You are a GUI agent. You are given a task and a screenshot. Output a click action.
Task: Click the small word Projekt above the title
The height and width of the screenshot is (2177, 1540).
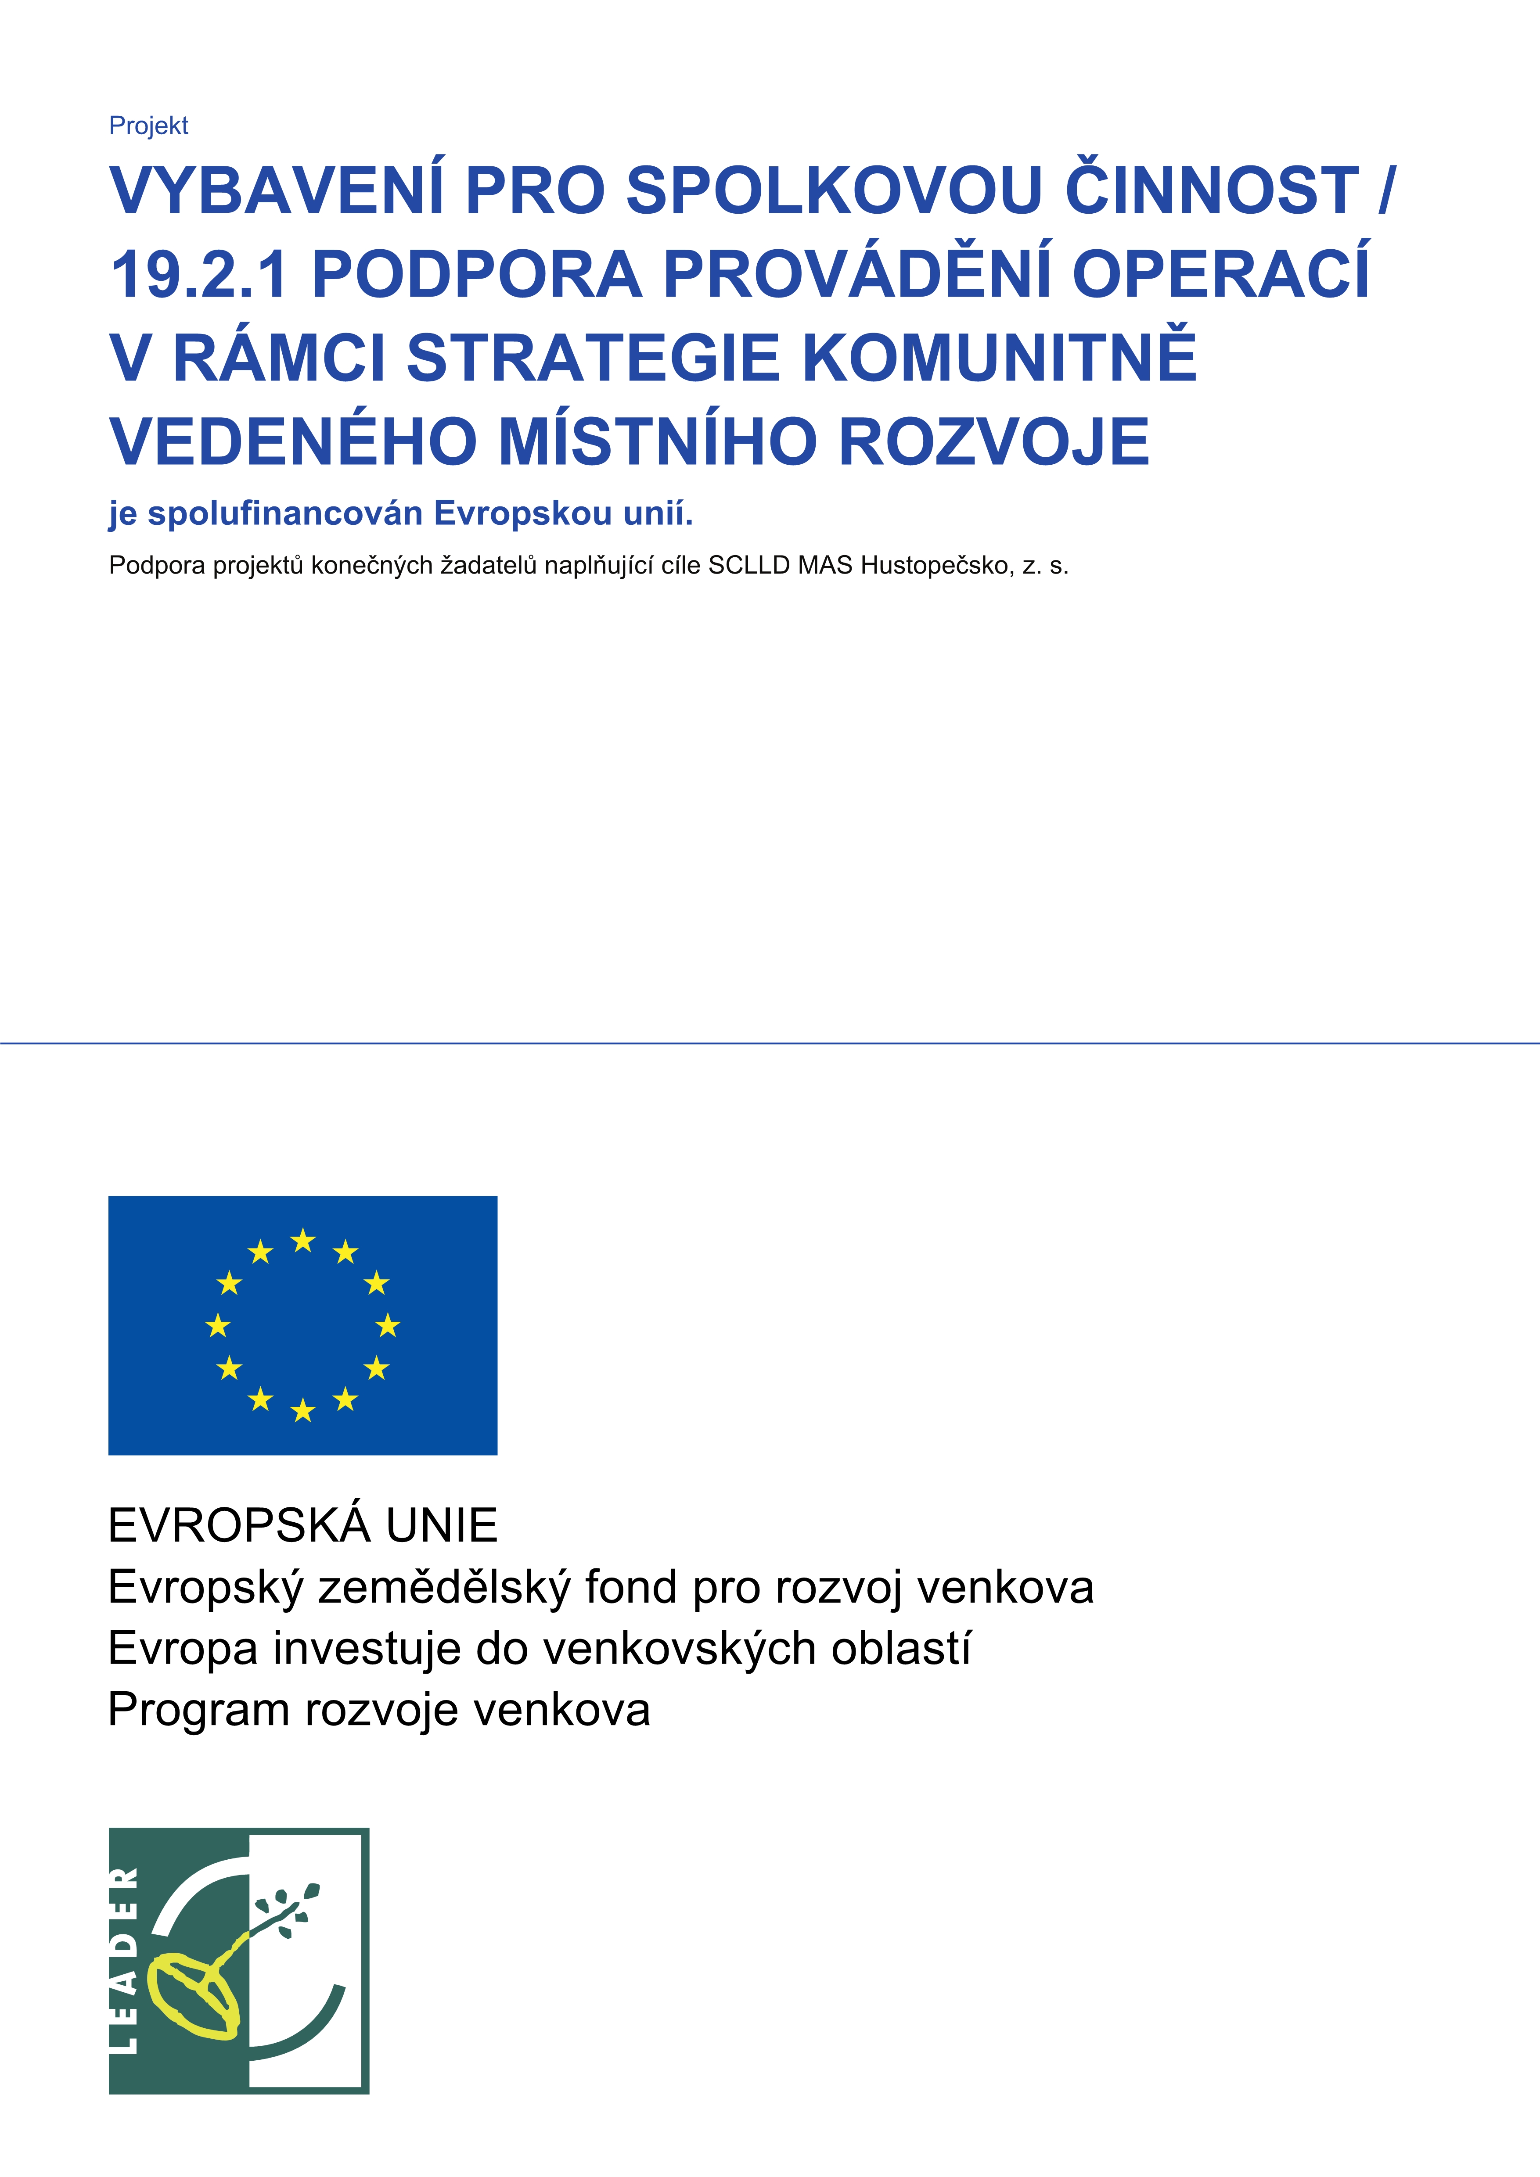149,126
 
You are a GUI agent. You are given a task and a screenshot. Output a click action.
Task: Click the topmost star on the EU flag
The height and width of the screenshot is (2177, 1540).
302,1240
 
